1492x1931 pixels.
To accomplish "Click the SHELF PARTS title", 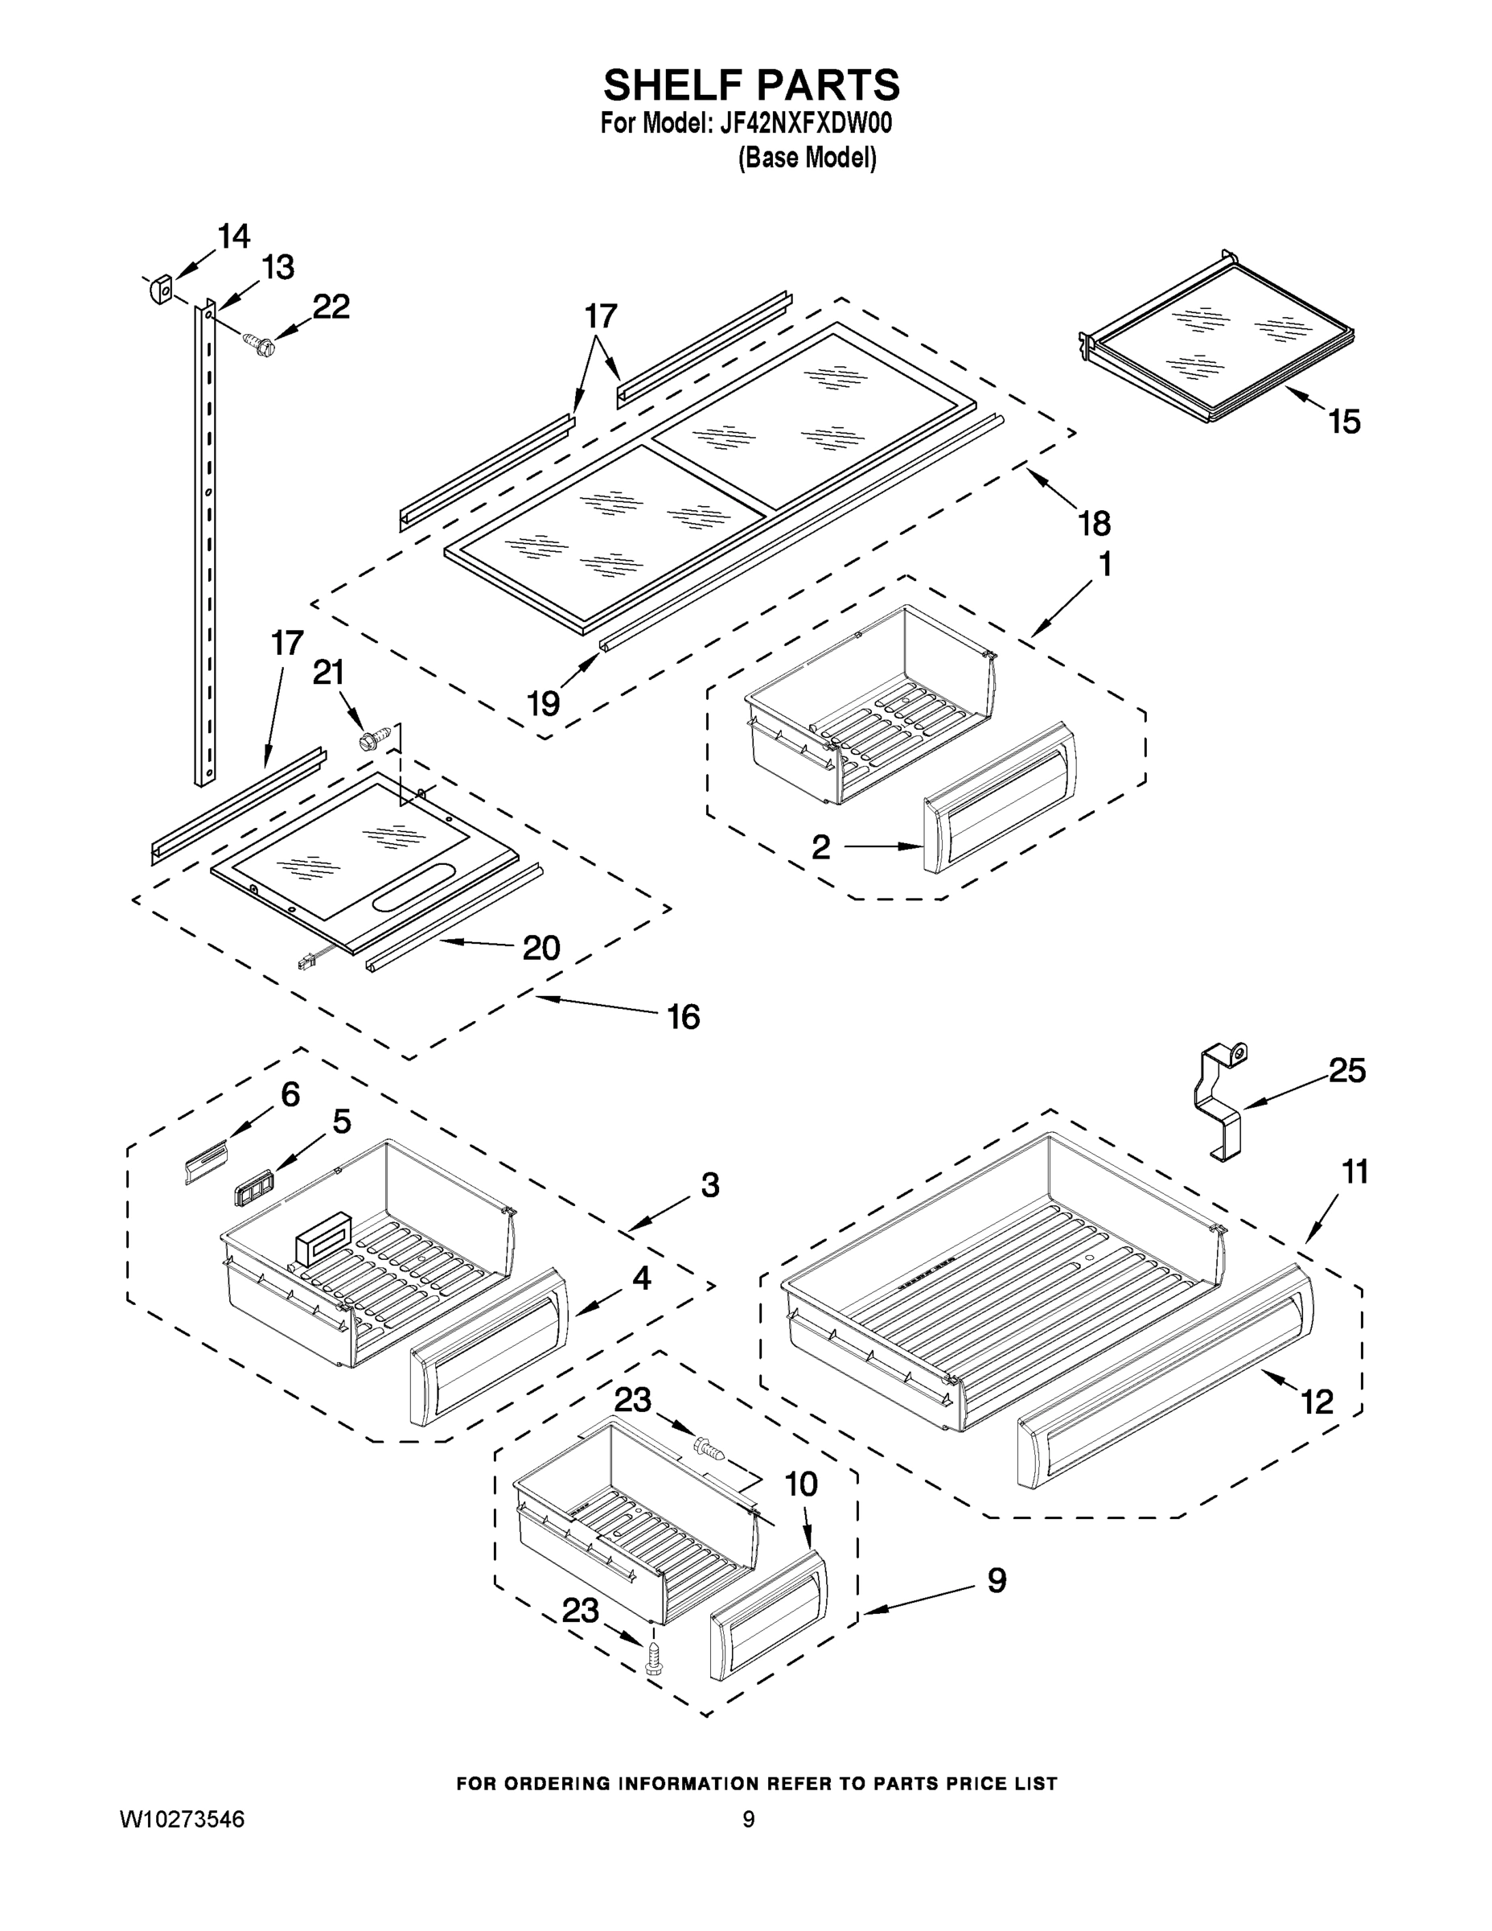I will [x=751, y=86].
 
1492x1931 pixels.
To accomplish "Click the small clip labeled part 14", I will [x=161, y=289].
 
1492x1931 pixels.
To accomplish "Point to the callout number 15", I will [x=1344, y=422].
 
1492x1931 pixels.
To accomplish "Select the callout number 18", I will [x=1093, y=524].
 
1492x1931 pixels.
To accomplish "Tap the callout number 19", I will [x=544, y=703].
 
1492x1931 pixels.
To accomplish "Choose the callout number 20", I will [x=541, y=948].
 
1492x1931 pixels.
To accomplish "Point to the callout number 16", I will [x=683, y=1017].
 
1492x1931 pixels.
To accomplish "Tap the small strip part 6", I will [x=205, y=1159].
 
